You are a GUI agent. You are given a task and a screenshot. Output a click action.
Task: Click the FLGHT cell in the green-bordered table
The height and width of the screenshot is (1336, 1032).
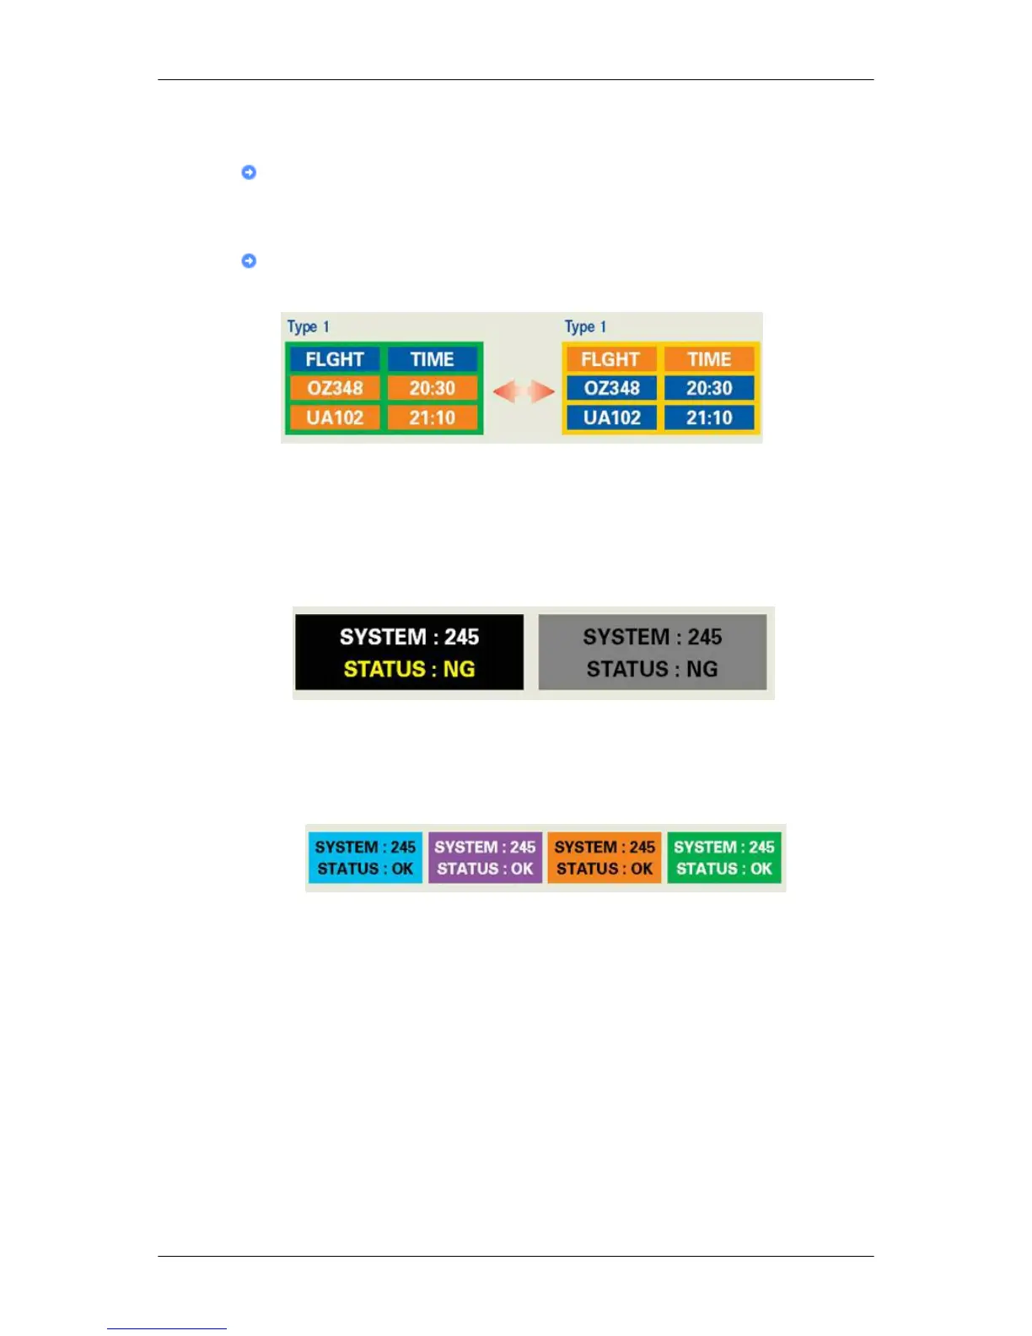(335, 359)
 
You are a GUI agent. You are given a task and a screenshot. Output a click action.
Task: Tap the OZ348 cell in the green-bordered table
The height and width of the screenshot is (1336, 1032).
(335, 388)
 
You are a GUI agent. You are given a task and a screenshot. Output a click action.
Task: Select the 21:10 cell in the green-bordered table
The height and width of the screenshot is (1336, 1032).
(433, 417)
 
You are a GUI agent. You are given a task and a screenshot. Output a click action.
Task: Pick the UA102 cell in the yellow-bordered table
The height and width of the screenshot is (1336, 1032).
(611, 417)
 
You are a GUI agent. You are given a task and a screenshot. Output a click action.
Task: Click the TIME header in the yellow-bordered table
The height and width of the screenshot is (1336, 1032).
(709, 359)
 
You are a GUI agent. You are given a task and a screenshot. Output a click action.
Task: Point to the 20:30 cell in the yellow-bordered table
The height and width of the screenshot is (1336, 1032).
(709, 388)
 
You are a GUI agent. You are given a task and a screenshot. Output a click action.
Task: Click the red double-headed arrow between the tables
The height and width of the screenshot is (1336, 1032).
(524, 391)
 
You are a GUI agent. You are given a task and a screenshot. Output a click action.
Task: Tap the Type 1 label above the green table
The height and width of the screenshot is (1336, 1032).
(309, 326)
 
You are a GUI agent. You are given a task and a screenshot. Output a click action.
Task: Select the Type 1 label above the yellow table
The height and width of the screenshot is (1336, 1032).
(585, 326)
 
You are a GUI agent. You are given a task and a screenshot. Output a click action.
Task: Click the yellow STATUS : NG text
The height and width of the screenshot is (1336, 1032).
(409, 670)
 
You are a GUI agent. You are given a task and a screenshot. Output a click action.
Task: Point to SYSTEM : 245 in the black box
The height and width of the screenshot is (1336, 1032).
(409, 637)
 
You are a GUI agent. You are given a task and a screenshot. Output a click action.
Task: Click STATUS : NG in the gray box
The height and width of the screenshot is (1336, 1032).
(652, 670)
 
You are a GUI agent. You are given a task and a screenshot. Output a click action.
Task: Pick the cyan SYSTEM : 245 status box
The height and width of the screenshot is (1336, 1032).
(365, 858)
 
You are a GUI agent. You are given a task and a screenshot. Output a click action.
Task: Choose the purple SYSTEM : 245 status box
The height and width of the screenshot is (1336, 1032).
(485, 858)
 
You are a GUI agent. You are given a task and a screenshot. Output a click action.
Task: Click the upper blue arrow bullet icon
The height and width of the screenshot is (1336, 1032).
(249, 172)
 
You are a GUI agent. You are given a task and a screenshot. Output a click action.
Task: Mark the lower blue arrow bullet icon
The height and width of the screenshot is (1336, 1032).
(249, 261)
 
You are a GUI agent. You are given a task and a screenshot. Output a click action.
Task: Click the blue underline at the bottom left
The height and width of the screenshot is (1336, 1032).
(166, 1328)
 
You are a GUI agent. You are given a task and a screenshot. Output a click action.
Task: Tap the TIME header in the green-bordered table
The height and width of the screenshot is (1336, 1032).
(433, 359)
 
